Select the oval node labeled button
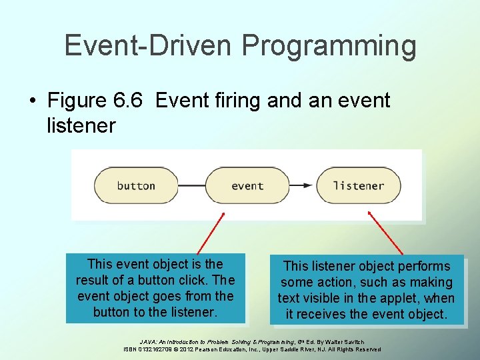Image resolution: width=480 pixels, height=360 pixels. (x=136, y=185)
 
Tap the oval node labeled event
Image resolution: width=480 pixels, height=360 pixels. (x=247, y=185)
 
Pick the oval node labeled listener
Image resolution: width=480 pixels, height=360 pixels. (x=358, y=185)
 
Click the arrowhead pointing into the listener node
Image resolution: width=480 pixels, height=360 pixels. (x=311, y=185)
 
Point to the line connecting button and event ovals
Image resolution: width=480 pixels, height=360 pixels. (x=191, y=185)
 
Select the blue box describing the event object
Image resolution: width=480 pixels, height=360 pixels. (x=155, y=288)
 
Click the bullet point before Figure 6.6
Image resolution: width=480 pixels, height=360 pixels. (x=33, y=101)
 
